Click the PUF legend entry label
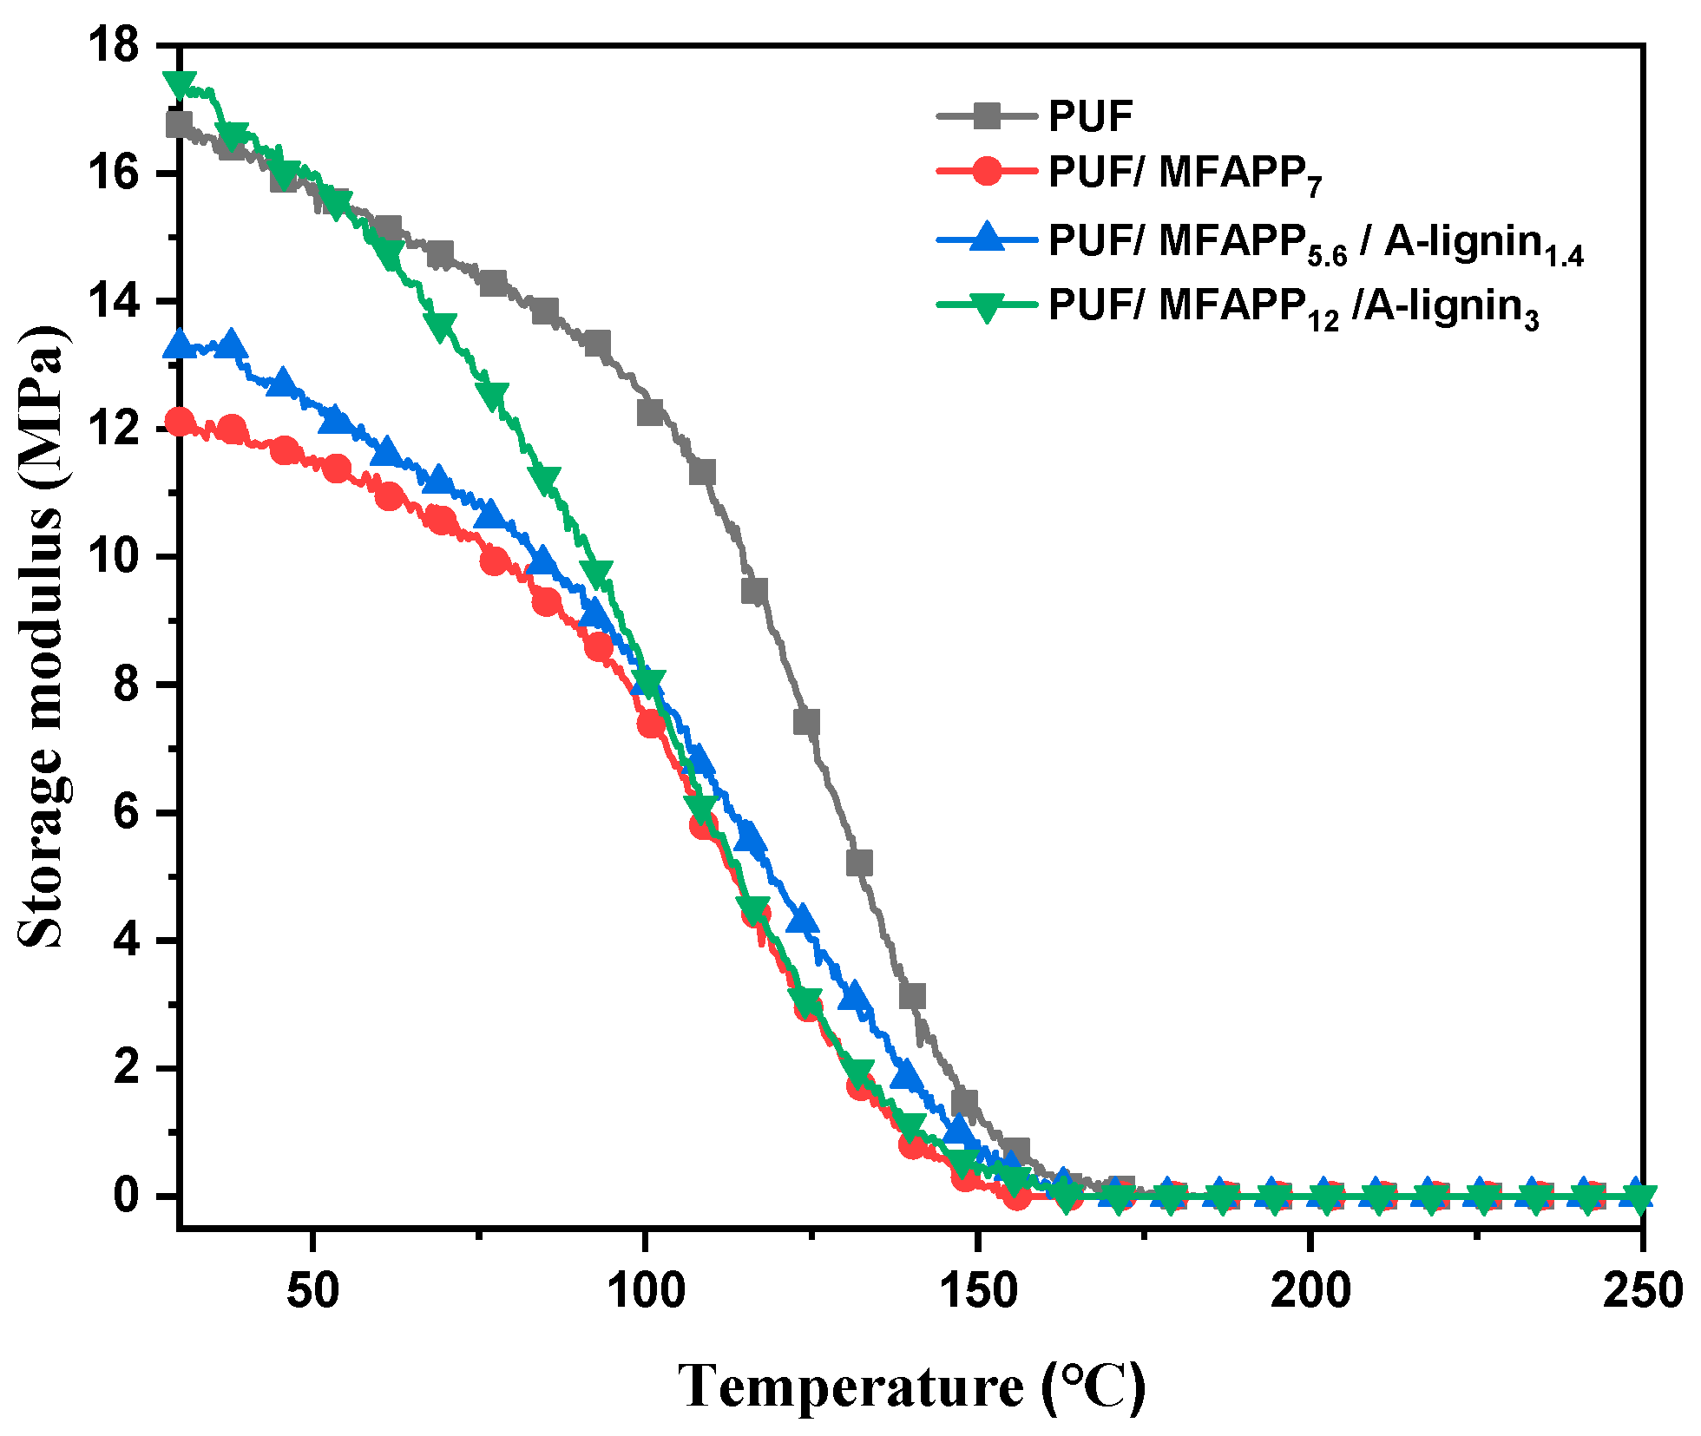click(1090, 116)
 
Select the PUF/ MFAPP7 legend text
click(1184, 174)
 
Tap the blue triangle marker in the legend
click(987, 237)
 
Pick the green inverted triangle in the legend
click(987, 306)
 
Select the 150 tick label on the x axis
click(978, 1290)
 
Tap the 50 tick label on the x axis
click(312, 1290)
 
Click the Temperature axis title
click(911, 1386)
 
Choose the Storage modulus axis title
click(42, 638)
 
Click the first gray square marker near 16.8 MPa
click(179, 124)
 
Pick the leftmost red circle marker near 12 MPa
click(180, 423)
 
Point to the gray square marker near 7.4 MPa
click(806, 722)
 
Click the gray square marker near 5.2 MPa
click(858, 863)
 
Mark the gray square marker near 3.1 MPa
click(911, 996)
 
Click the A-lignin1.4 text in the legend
click(1483, 244)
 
